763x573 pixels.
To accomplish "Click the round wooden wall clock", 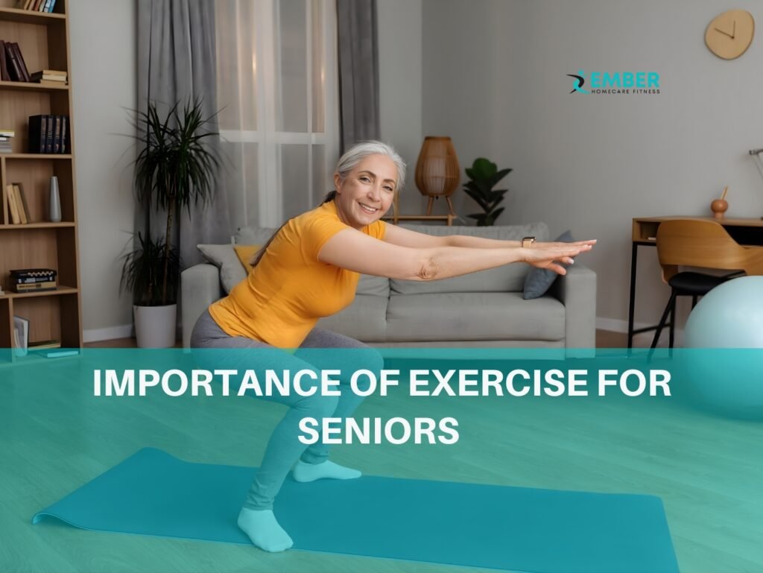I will pyautogui.click(x=729, y=34).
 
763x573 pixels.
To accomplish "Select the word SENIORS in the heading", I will pyautogui.click(x=378, y=430).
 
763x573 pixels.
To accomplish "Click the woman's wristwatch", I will pyautogui.click(x=528, y=241).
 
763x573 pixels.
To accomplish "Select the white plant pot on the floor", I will pyautogui.click(x=155, y=326).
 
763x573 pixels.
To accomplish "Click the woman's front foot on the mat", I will pyautogui.click(x=264, y=528).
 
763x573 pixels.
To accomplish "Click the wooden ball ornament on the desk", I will pyautogui.click(x=718, y=207).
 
